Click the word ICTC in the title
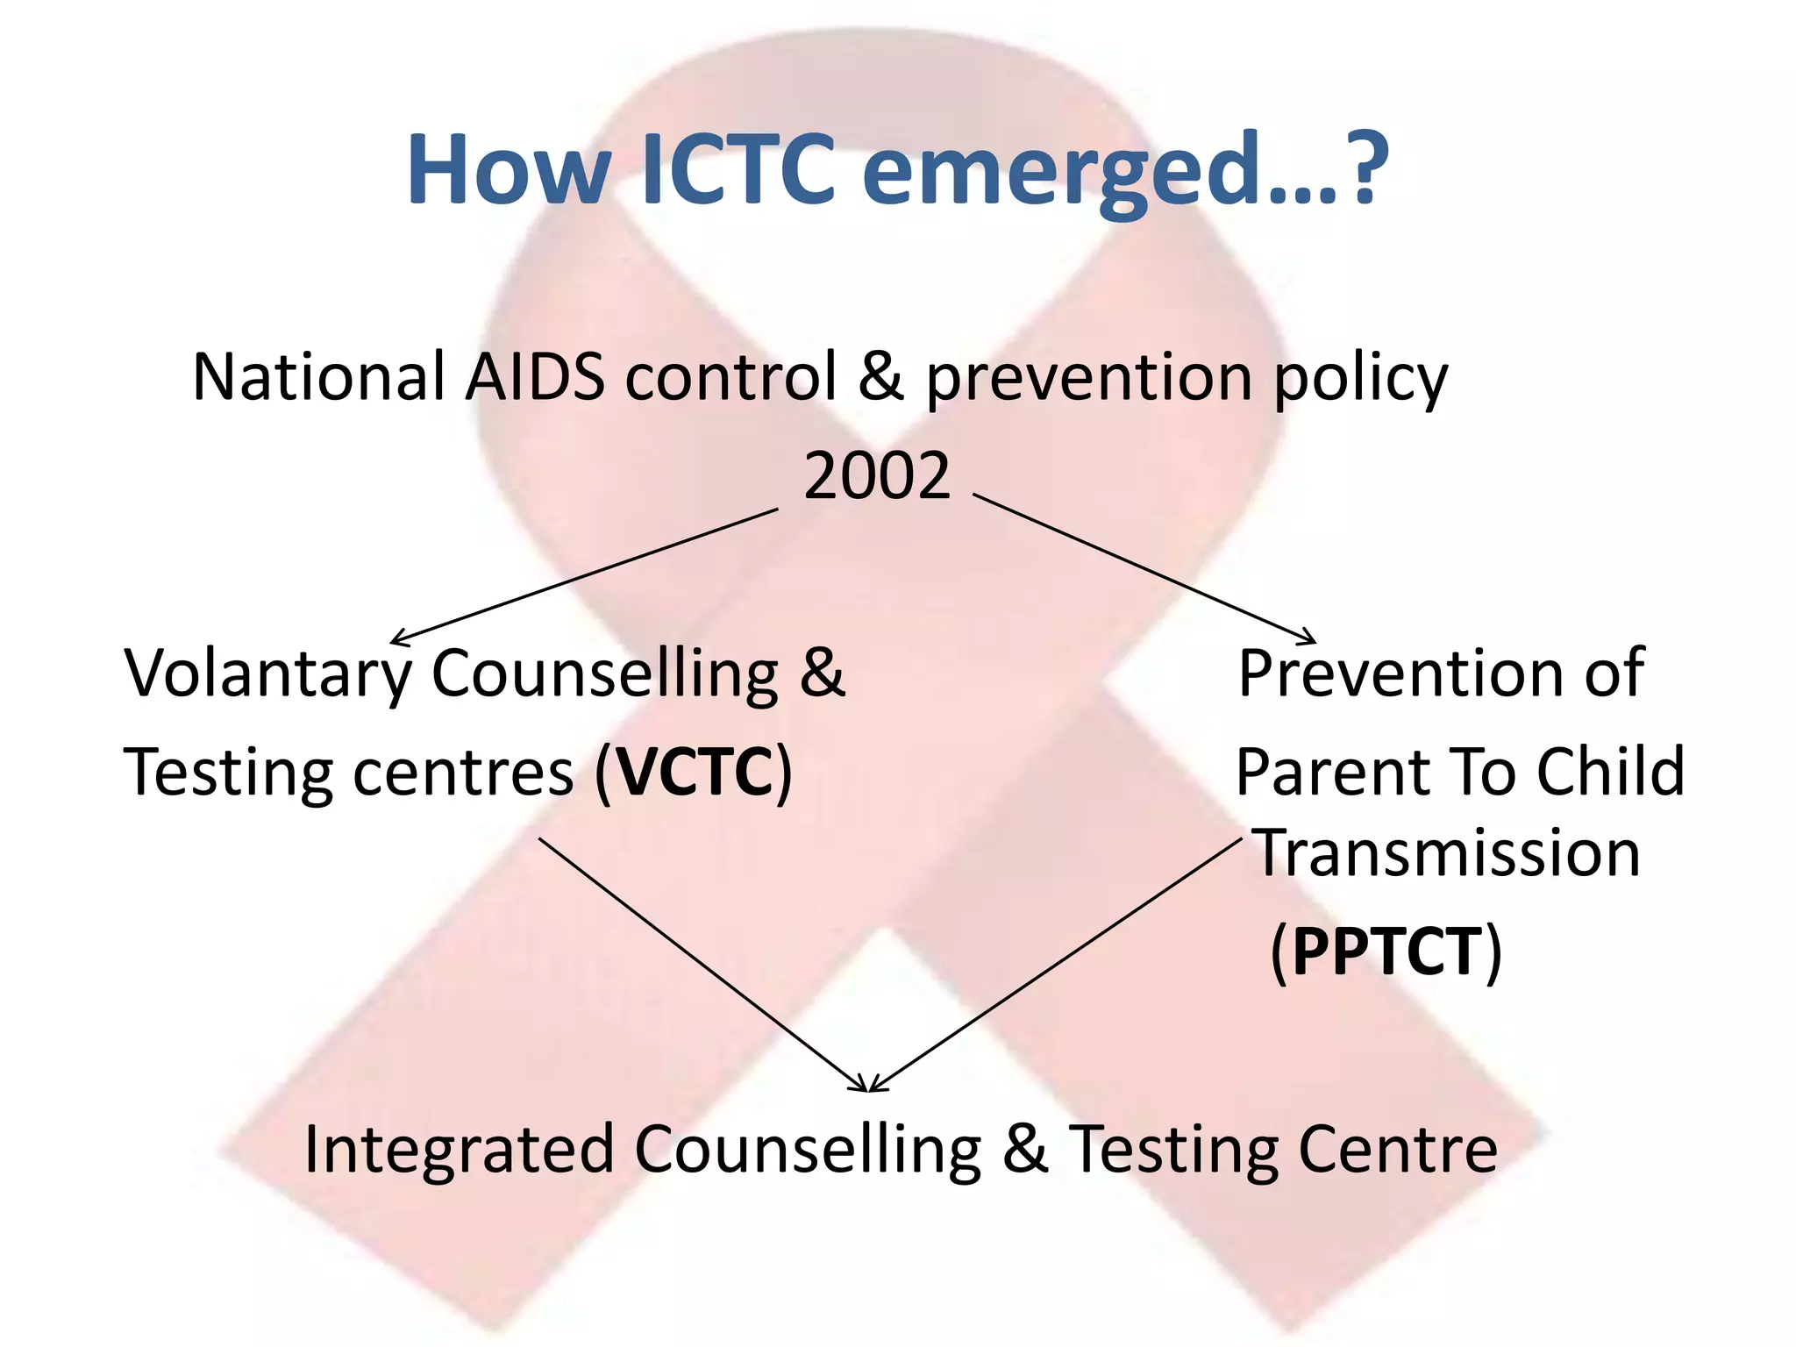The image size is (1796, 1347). coord(738,169)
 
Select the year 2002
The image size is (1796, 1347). coord(877,476)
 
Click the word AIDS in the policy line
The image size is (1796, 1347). coord(535,377)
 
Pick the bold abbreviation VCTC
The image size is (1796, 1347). coord(695,772)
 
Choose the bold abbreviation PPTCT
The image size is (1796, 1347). coord(1386,951)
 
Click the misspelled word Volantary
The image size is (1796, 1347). coord(268,673)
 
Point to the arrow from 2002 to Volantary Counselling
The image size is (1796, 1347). coord(584,574)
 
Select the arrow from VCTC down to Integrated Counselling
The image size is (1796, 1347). coord(702,965)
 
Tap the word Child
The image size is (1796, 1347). coord(1611,772)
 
